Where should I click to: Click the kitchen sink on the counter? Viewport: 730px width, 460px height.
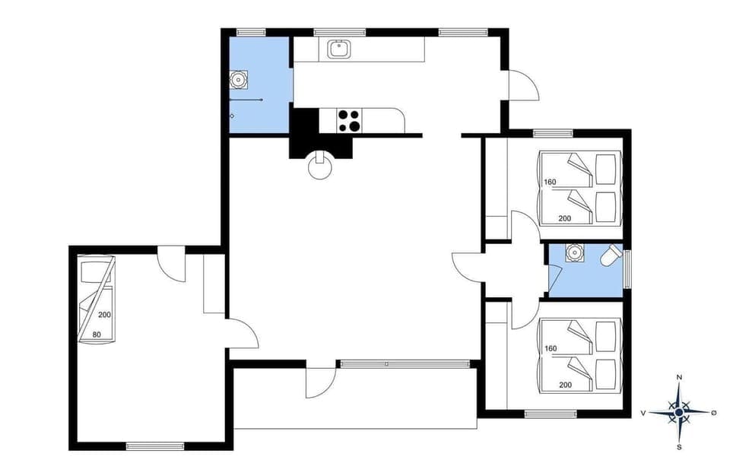click(338, 49)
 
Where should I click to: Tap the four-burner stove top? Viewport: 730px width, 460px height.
click(349, 120)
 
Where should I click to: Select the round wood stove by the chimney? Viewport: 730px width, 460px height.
click(320, 167)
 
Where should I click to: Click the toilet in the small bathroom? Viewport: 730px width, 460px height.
click(611, 257)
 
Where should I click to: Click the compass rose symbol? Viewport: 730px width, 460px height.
click(679, 411)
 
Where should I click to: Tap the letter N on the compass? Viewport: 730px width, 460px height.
click(679, 378)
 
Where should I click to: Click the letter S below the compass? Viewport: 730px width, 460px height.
click(679, 447)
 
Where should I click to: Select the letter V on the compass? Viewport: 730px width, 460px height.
click(643, 412)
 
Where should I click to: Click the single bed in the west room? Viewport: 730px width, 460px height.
click(96, 300)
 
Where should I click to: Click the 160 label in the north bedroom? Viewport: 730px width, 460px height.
click(551, 182)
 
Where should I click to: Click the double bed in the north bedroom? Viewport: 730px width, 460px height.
click(579, 187)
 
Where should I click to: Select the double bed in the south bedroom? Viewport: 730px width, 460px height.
click(579, 354)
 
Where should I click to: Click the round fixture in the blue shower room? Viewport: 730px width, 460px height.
click(239, 78)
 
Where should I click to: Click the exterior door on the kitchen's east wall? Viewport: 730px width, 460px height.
click(523, 84)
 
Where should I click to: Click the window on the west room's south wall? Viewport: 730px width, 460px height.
click(154, 446)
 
